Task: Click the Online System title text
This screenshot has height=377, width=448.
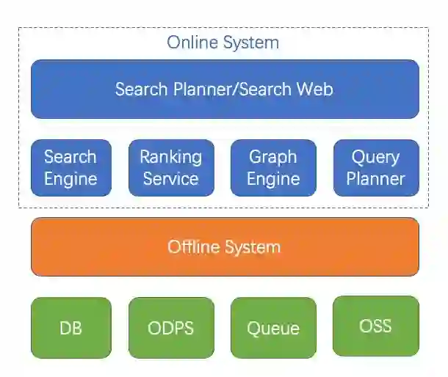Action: tap(223, 42)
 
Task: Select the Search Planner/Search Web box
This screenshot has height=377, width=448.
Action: tap(225, 89)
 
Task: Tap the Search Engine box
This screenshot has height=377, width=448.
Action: tap(71, 168)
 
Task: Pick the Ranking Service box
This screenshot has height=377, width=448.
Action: tap(171, 168)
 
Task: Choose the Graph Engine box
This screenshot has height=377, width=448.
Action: tap(273, 168)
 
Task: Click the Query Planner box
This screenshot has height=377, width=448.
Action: tap(375, 168)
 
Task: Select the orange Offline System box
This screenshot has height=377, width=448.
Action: tap(225, 246)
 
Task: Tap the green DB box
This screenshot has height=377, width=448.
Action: tap(71, 327)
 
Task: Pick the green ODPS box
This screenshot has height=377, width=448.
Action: tap(171, 327)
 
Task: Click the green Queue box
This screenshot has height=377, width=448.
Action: tap(273, 327)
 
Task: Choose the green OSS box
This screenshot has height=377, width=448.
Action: tap(375, 326)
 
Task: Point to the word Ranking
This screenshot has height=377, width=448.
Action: tap(171, 157)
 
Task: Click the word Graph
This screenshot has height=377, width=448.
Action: tap(273, 157)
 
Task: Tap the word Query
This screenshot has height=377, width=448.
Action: tap(375, 157)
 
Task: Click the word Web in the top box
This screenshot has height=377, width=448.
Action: tap(315, 89)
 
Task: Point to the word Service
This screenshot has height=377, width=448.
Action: tap(171, 179)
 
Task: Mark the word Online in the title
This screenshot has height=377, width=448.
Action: tap(189, 42)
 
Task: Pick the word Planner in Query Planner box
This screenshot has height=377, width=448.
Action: tap(375, 179)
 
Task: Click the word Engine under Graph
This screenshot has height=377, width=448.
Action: tap(273, 179)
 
